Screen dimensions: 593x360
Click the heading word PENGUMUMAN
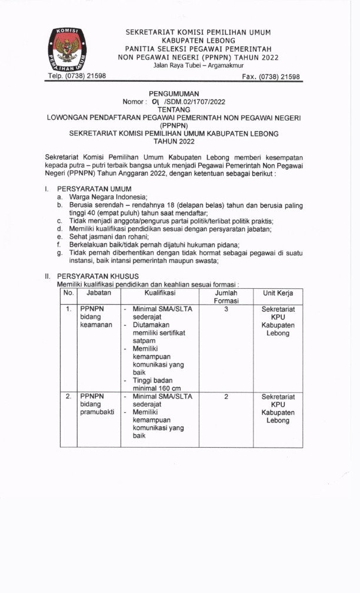click(x=174, y=93)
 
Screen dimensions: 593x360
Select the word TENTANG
click(x=174, y=109)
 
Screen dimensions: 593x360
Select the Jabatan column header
click(x=99, y=292)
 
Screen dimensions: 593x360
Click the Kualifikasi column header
click(x=159, y=292)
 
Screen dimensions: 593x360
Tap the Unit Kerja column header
click(x=278, y=292)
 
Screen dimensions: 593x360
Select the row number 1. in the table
click(x=69, y=308)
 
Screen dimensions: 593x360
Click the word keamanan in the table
click(x=96, y=325)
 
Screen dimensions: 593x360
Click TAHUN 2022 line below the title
click(x=174, y=142)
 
